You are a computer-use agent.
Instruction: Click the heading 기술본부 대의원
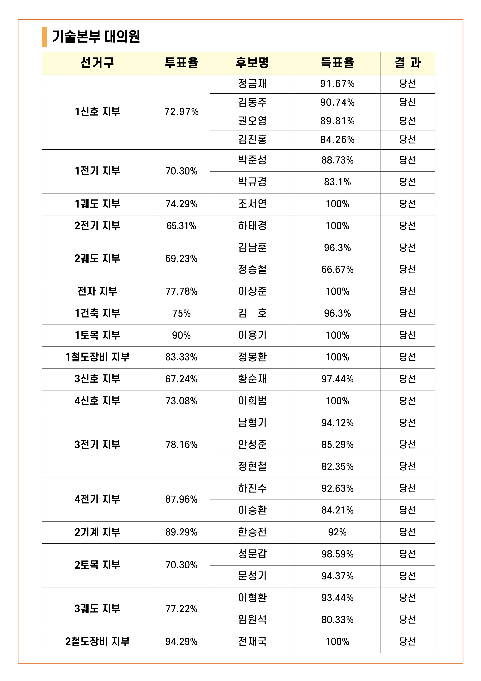(96, 37)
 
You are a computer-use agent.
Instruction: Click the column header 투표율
(181, 63)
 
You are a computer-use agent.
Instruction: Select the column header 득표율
(337, 63)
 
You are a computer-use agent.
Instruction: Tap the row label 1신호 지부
(97, 112)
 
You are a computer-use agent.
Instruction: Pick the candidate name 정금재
(252, 84)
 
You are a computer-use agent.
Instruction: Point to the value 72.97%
(181, 112)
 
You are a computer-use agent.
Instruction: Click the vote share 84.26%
(337, 140)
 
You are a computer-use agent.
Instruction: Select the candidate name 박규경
(252, 182)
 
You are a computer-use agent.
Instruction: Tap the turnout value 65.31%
(181, 226)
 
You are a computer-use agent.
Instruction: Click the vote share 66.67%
(337, 270)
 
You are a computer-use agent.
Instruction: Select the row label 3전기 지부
(97, 445)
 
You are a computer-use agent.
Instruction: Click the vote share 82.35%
(337, 466)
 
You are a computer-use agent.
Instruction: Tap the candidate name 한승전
(252, 532)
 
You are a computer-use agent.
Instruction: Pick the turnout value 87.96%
(181, 499)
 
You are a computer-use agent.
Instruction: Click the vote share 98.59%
(337, 554)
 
